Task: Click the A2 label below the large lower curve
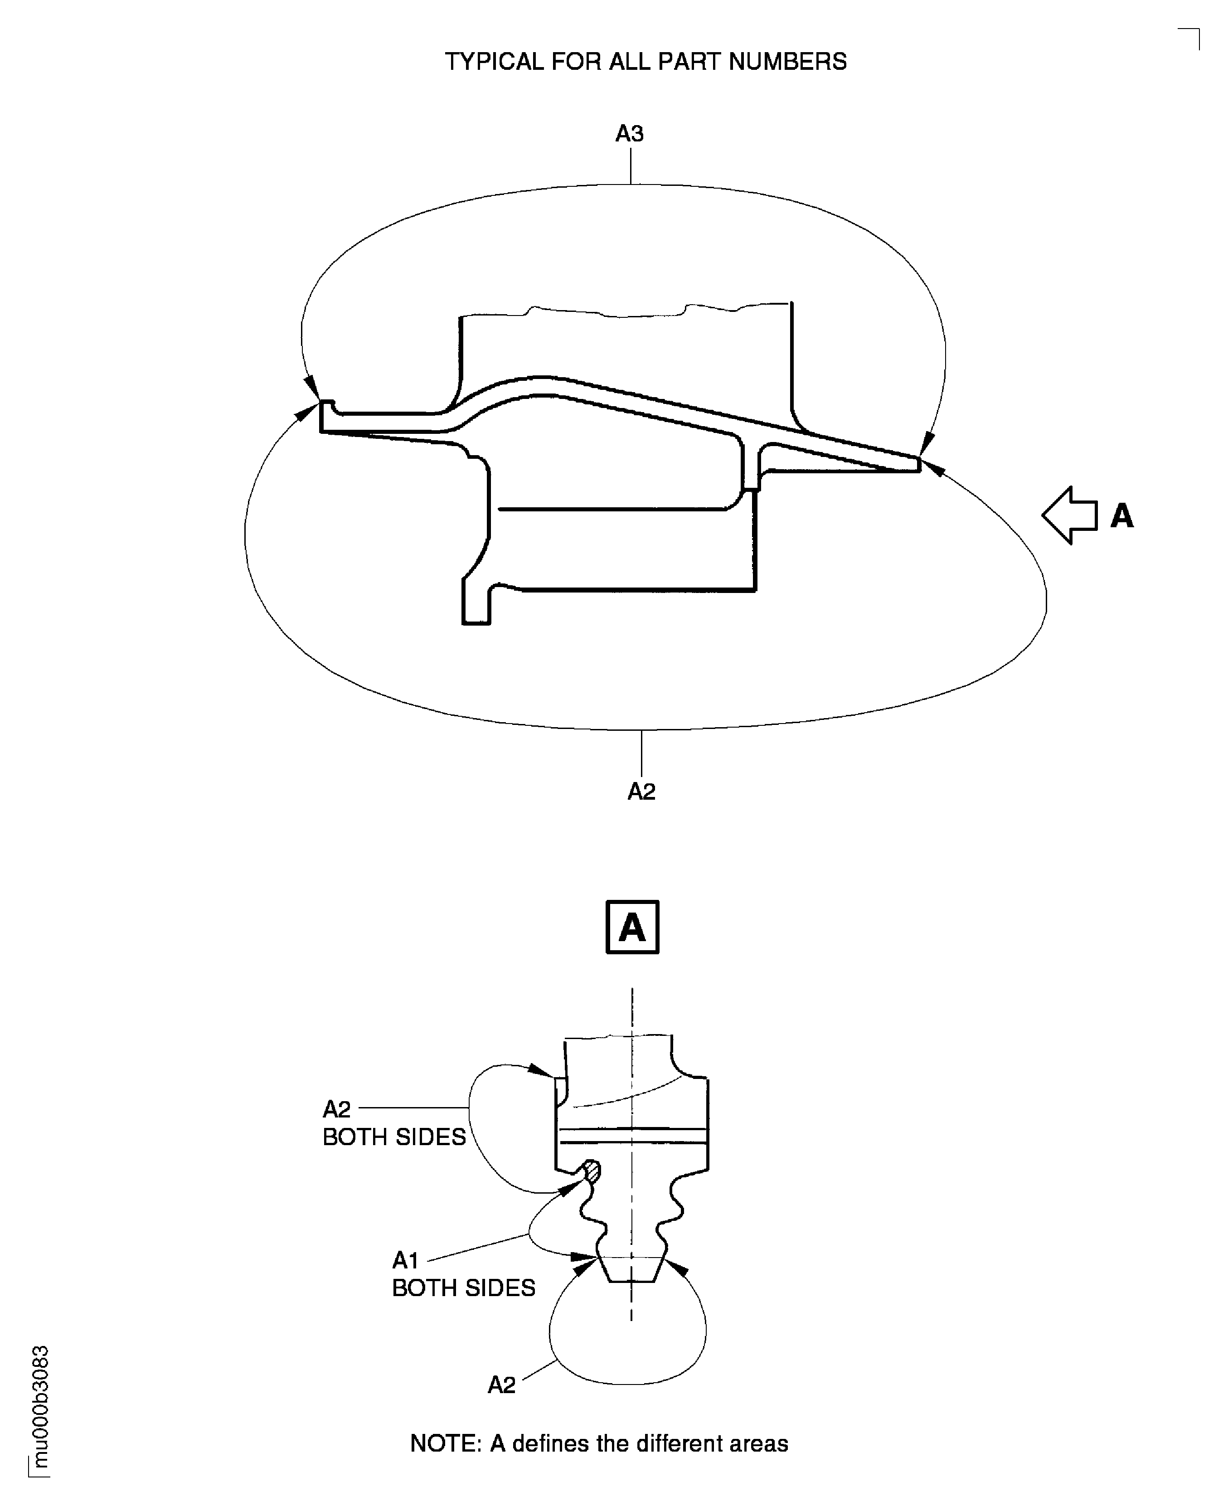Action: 641,792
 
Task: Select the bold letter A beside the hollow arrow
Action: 1122,516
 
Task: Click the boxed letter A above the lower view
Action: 632,927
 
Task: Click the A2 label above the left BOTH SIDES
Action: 337,1108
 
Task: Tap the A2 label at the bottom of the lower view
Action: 501,1385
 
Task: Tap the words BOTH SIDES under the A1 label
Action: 463,1288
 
